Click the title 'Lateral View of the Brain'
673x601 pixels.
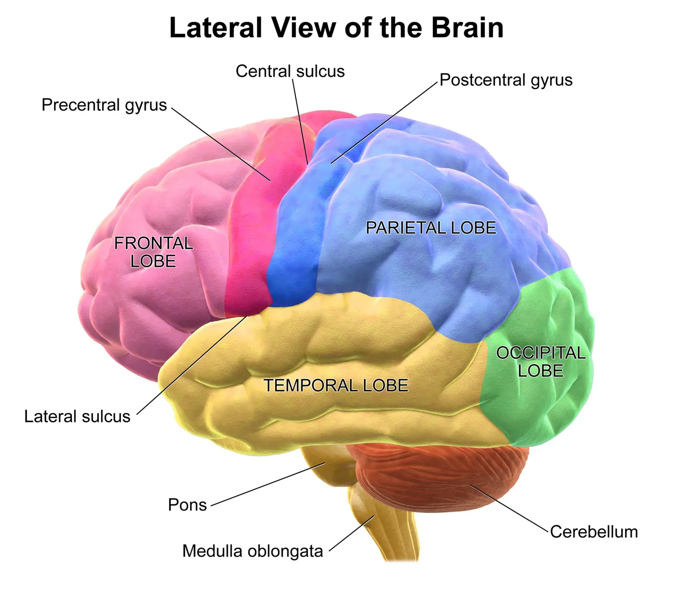(x=336, y=28)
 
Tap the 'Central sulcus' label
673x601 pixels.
(x=290, y=71)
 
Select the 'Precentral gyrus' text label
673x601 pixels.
(x=104, y=105)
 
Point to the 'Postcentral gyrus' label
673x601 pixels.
(x=506, y=80)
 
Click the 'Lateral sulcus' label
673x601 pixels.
(x=77, y=417)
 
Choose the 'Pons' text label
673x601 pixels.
(x=187, y=505)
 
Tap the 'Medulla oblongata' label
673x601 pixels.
(x=253, y=551)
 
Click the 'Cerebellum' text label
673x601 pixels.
(x=594, y=532)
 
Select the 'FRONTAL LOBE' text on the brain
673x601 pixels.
(x=153, y=252)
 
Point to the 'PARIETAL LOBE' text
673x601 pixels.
(x=431, y=228)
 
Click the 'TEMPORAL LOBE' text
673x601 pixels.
(x=336, y=386)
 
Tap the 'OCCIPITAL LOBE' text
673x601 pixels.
(x=541, y=362)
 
